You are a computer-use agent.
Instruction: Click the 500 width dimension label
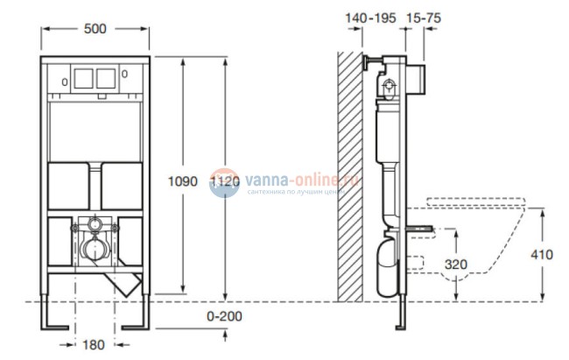pyautogui.click(x=96, y=29)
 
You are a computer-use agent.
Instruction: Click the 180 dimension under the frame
pyautogui.click(x=96, y=344)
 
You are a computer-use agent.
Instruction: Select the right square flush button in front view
pyautogui.click(x=106, y=79)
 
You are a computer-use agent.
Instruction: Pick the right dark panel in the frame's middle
pyautogui.click(x=123, y=185)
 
